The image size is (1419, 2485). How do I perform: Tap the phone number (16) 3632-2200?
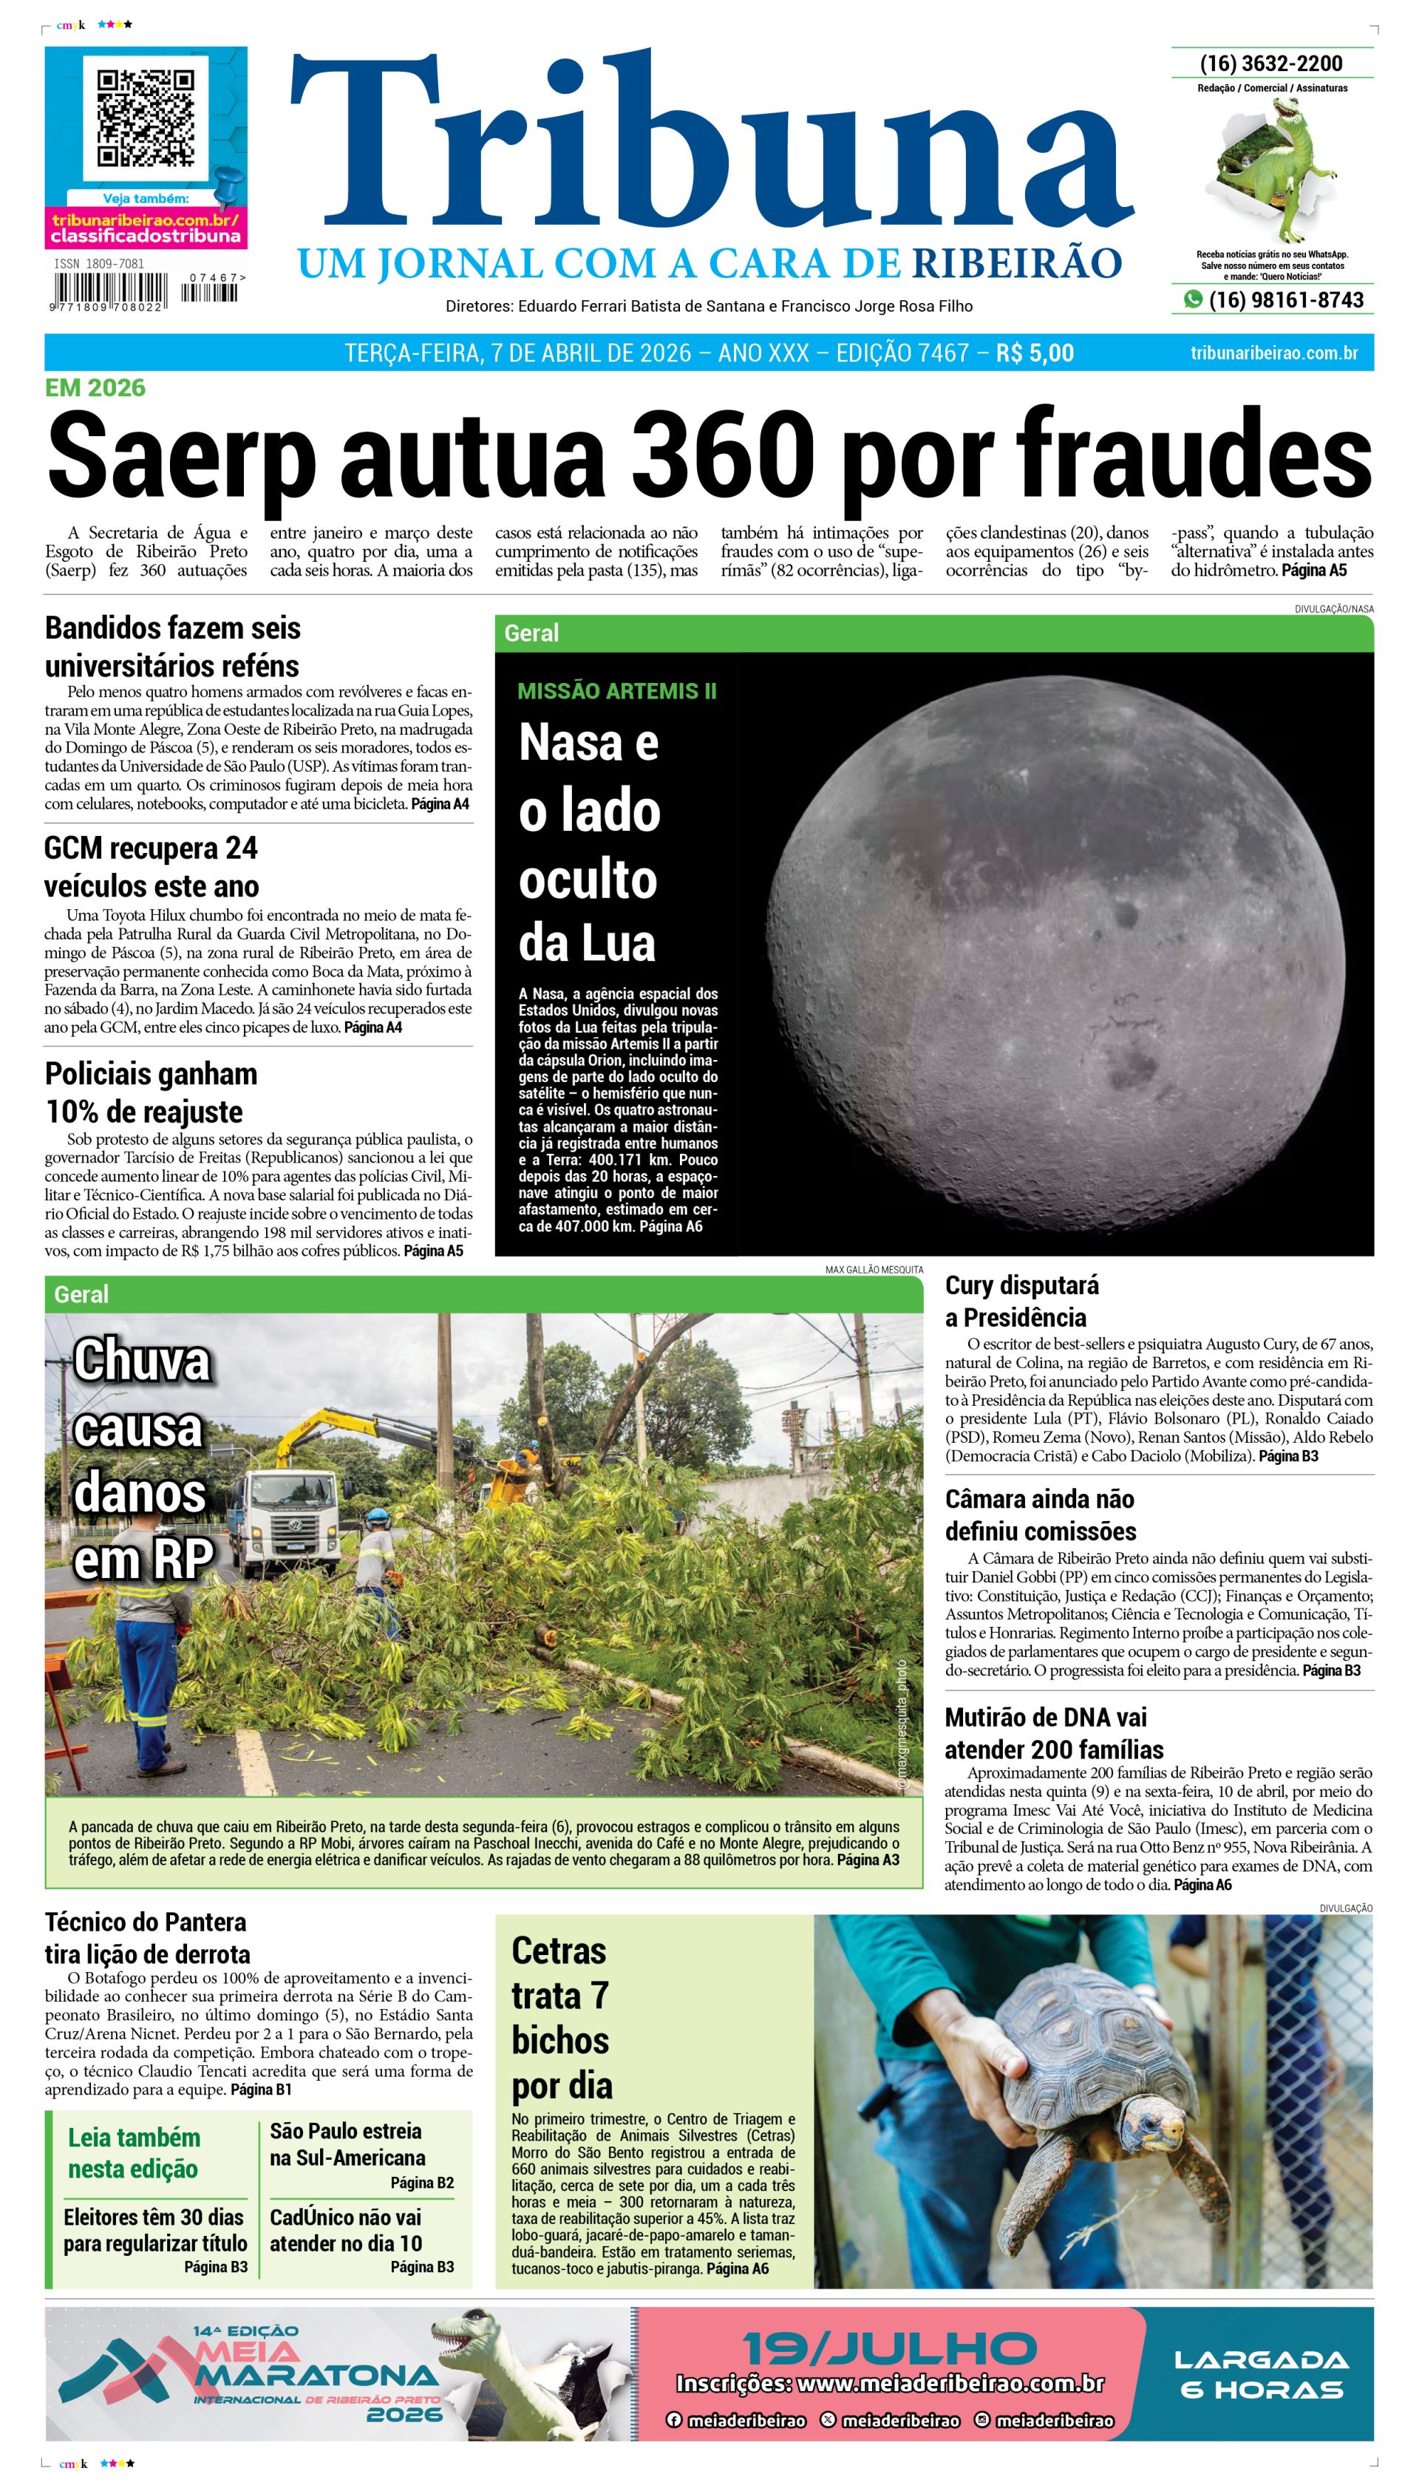(x=1271, y=64)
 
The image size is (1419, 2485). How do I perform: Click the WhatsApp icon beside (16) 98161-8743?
(x=1192, y=299)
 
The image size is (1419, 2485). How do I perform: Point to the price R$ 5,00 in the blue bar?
(x=1034, y=353)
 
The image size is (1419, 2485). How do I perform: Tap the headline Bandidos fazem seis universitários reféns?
(x=172, y=646)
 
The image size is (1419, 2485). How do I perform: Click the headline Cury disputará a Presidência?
(x=1021, y=1300)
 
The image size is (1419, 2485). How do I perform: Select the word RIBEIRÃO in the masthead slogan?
(x=1016, y=263)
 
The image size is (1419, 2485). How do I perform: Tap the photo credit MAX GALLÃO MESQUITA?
(x=874, y=1270)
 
